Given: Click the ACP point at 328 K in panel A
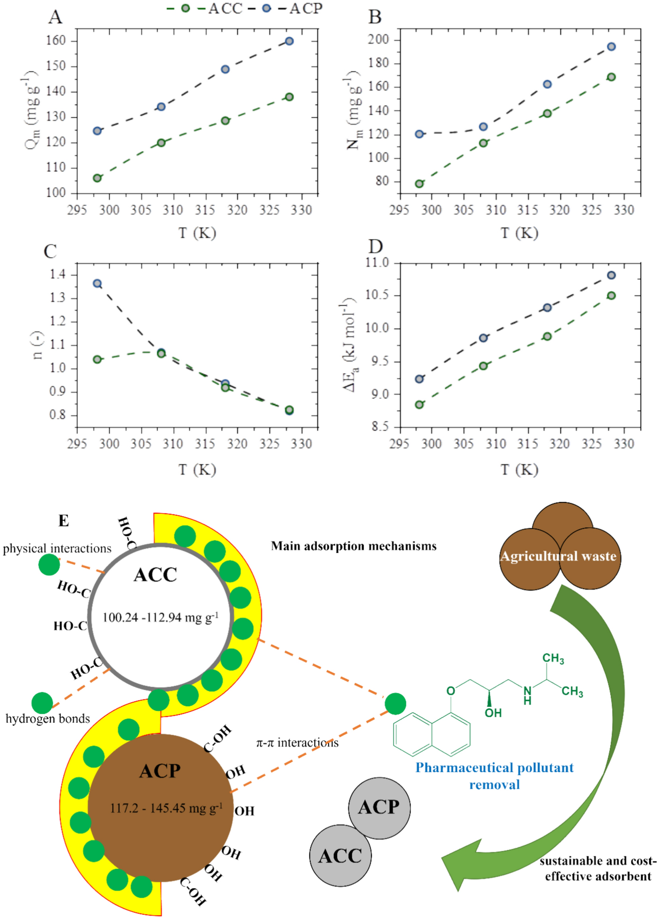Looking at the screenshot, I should tap(289, 41).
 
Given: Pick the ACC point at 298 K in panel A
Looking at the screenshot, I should tap(97, 178).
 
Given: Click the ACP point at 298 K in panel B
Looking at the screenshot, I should tap(419, 134).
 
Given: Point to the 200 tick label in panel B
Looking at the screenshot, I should tap(378, 40).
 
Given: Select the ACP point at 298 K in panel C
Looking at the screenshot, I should tap(97, 283).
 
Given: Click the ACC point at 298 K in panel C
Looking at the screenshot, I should tap(97, 359).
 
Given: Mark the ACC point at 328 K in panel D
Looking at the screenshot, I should tap(611, 295).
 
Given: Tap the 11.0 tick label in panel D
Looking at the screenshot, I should tap(377, 263).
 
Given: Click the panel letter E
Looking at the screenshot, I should tap(64, 520).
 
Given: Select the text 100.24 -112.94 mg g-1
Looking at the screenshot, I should tap(160, 618).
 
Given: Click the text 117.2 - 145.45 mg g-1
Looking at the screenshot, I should tap(166, 808).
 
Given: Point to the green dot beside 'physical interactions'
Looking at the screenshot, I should tap(49, 564).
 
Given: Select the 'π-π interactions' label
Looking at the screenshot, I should tap(297, 743).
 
